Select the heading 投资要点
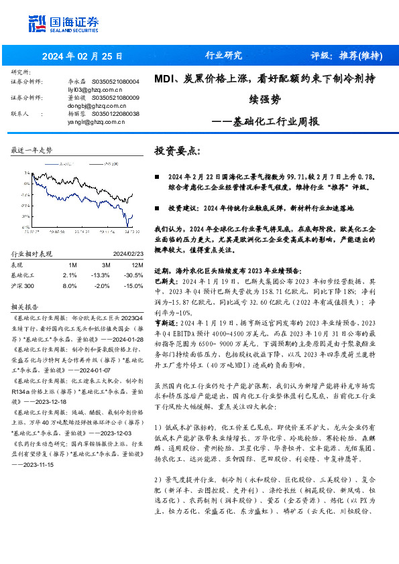click(175, 151)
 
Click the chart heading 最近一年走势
click(32, 151)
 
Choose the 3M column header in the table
click(97, 265)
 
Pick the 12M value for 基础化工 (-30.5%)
click(133, 275)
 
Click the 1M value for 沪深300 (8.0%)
click(69, 285)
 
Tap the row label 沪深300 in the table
click(23, 285)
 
